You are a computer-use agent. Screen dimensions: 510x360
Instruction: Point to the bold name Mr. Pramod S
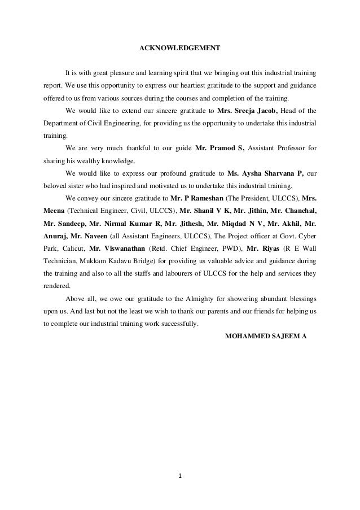pos(219,148)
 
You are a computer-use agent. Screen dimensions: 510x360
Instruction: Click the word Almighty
pos(195,298)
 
